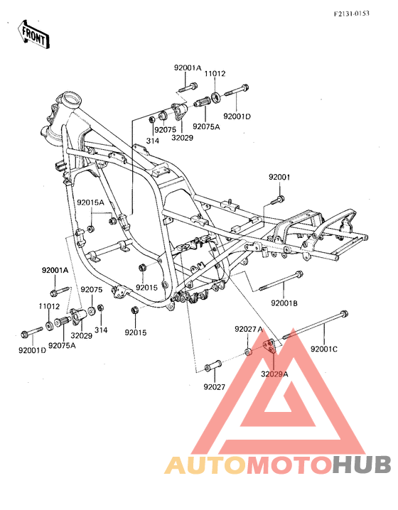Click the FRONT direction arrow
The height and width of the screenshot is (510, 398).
[x=33, y=35]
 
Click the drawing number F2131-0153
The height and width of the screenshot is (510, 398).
[x=352, y=13]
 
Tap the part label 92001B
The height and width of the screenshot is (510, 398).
[x=284, y=303]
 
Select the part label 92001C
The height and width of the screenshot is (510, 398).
[x=324, y=349]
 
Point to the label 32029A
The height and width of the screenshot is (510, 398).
[x=274, y=374]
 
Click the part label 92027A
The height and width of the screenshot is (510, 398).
[x=248, y=329]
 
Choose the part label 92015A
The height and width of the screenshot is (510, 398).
[x=90, y=202]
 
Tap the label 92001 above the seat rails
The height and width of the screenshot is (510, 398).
[x=279, y=178]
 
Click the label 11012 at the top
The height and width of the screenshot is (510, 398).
[x=215, y=74]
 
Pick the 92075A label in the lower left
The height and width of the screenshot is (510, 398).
[x=62, y=345]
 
